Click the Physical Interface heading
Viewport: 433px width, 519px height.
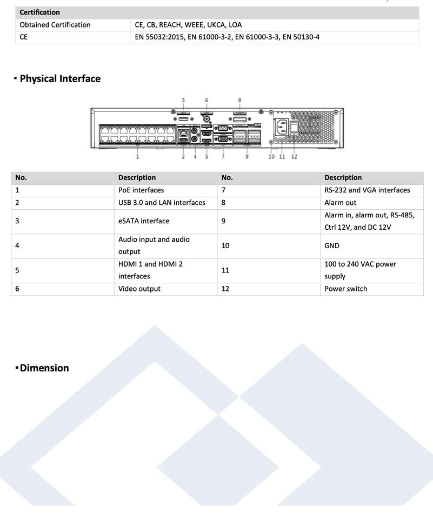point(60,79)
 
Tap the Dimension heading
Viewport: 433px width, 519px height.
point(44,368)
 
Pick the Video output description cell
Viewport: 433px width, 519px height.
point(140,289)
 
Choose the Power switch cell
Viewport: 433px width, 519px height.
point(346,289)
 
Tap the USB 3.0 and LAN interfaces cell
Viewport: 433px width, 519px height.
point(162,203)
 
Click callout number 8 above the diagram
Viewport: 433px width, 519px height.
point(239,100)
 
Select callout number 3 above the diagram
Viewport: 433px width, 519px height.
point(183,100)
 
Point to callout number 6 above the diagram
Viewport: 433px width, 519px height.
point(207,100)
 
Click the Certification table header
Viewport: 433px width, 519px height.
point(39,12)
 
